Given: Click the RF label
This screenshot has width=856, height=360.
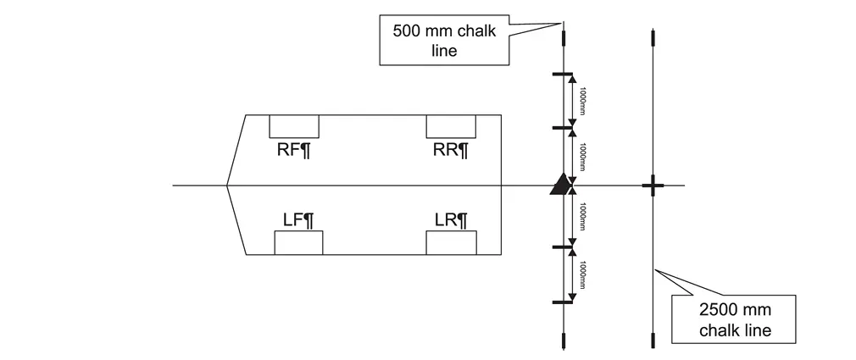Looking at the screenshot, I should pyautogui.click(x=294, y=151).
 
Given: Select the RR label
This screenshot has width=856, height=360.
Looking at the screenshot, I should pyautogui.click(x=451, y=151).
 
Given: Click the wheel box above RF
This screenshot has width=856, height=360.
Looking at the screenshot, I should pyautogui.click(x=294, y=126).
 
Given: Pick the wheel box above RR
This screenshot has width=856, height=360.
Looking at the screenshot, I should pyautogui.click(x=451, y=126).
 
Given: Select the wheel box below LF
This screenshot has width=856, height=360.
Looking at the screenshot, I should pyautogui.click(x=298, y=242).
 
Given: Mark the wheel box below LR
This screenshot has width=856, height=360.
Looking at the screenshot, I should pyautogui.click(x=451, y=242).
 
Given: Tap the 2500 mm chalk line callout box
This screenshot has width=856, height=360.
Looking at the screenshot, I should pyautogui.click(x=735, y=319).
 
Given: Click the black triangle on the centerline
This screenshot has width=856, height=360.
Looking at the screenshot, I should pyautogui.click(x=560, y=186).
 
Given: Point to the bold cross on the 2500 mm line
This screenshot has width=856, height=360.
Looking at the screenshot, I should pyautogui.click(x=652, y=186).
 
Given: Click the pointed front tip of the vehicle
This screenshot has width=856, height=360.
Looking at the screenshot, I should pyautogui.click(x=227, y=185).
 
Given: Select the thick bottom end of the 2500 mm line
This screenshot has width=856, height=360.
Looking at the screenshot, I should pyautogui.click(x=652, y=341).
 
